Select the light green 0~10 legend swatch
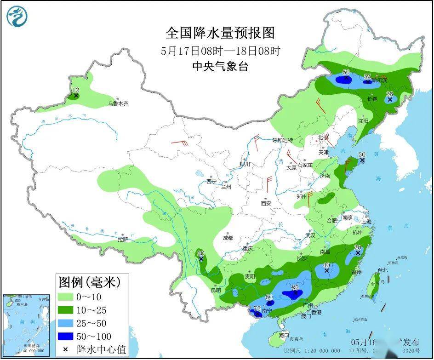[69, 297]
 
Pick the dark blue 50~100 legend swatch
[69, 336]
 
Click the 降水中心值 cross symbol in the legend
[65, 349]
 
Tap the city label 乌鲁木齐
[118, 104]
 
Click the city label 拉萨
[122, 240]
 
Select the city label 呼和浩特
[282, 140]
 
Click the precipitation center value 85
[295, 288]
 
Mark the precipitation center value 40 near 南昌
[326, 265]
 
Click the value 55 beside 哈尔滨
[367, 76]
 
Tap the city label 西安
[266, 203]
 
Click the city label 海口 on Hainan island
[284, 335]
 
